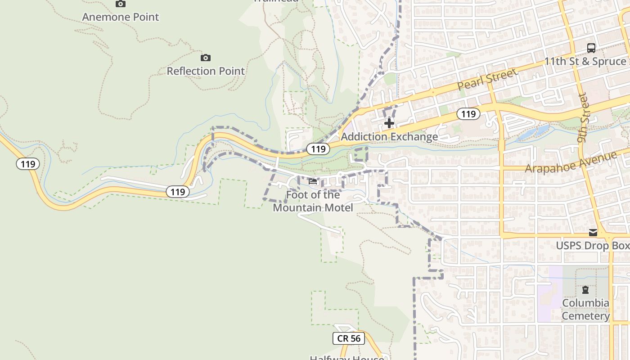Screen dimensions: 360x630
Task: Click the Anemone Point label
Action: pos(121,17)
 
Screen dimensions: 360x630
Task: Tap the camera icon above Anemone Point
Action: pos(121,4)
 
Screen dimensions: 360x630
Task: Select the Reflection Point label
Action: pos(206,71)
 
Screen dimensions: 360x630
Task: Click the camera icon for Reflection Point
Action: pos(206,58)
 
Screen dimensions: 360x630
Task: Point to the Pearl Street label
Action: pos(487,80)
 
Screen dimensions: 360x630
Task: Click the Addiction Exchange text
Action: pos(389,137)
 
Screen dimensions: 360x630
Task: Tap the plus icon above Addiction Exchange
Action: pos(389,123)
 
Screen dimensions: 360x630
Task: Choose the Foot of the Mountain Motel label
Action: pos(313,201)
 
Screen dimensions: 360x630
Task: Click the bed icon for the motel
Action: pos(313,181)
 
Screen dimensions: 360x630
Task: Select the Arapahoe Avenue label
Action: pos(571,162)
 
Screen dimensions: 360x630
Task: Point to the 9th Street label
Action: pos(584,118)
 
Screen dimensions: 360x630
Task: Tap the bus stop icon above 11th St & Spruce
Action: pos(591,48)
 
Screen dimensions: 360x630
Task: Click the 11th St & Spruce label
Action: pos(585,61)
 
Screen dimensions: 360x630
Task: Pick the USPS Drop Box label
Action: pos(592,246)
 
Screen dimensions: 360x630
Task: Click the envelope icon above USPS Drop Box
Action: pos(593,233)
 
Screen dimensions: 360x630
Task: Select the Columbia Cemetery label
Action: pos(585,310)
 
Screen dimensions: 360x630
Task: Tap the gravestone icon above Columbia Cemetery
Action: pos(585,290)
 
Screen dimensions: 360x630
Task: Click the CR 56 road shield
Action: pos(349,338)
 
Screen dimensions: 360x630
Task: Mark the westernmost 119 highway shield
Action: pos(28,164)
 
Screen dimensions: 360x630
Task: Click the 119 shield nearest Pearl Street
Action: pos(468,114)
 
